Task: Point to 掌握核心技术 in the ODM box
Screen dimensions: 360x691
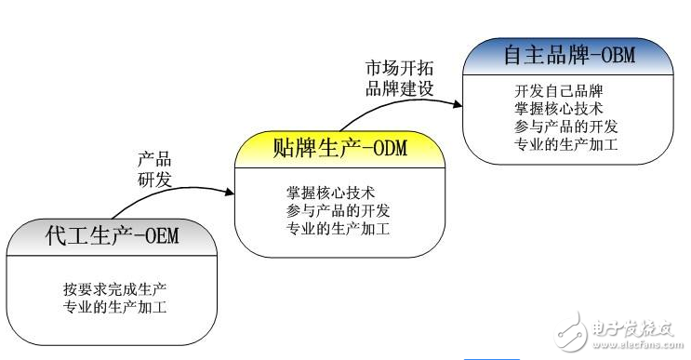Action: coord(330,193)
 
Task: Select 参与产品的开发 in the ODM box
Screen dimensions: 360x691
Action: coord(339,210)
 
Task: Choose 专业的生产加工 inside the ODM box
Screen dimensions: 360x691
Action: coord(339,228)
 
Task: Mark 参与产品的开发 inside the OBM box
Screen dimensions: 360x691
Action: coord(565,127)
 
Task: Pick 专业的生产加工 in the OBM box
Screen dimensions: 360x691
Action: coord(565,144)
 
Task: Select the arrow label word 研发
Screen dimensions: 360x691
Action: coord(154,179)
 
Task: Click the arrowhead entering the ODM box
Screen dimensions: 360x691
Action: coord(229,193)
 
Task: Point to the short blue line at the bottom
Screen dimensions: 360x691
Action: coord(491,356)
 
